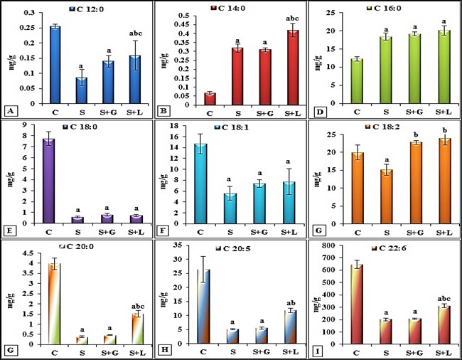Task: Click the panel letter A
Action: coord(9,111)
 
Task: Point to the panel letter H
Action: coord(165,349)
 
